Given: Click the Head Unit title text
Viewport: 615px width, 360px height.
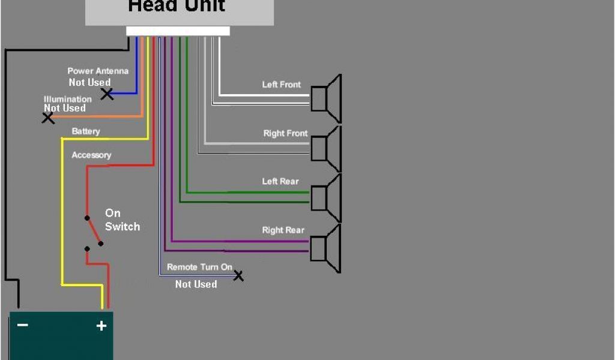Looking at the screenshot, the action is coord(177,7).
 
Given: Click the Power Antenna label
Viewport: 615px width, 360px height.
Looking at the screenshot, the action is coord(97,71).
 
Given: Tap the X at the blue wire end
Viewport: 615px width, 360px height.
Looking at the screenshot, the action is coord(108,94).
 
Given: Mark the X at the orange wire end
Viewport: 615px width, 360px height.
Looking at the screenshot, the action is coord(48,118).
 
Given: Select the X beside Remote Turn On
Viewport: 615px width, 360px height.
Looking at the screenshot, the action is coord(238,276).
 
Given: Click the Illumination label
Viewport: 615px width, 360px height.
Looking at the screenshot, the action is coord(68,99).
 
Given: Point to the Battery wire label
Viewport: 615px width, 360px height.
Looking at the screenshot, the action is coord(86,131).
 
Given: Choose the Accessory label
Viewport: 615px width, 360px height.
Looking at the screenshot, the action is coord(91,155).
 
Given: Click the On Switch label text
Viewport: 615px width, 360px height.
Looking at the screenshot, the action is coord(122,220).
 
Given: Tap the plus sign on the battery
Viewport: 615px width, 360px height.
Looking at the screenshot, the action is coord(101,326).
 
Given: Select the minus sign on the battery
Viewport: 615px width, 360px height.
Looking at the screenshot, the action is coord(22,325).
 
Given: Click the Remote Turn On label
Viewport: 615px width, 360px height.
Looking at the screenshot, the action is coord(199,267).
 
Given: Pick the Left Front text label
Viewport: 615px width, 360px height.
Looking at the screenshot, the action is coord(282,85).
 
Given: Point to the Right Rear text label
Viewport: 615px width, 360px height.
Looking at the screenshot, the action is coord(283,230).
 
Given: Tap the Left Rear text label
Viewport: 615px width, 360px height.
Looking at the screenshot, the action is coord(280,181).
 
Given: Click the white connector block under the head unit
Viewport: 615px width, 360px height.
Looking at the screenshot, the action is coord(178,31).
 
